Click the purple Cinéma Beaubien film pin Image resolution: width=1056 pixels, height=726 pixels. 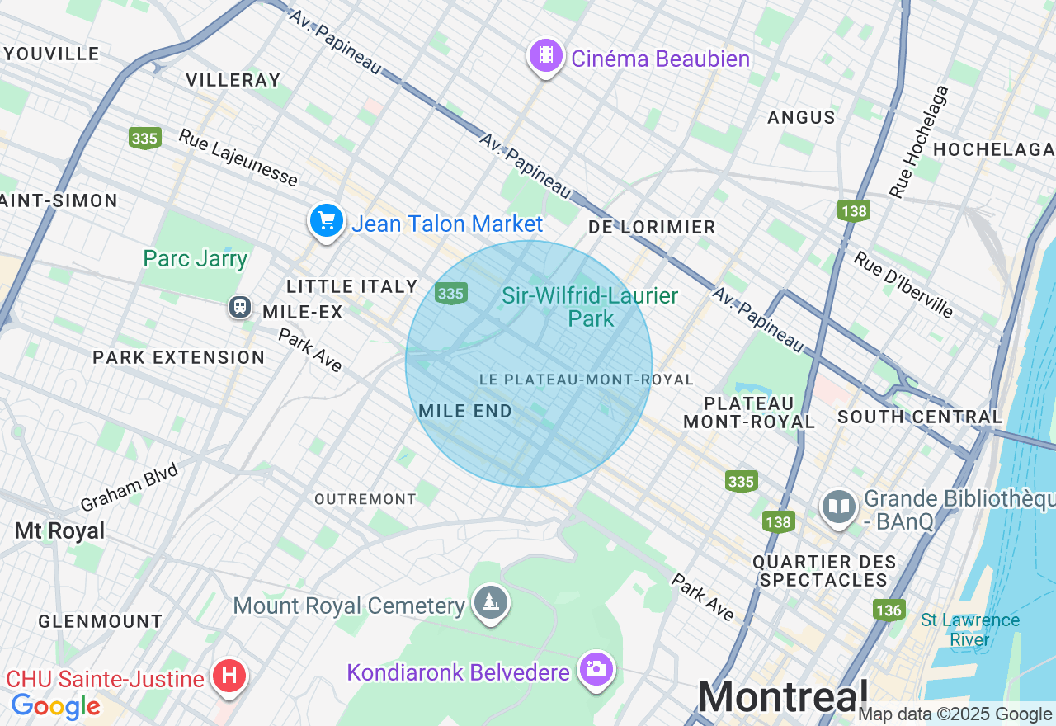[545, 56]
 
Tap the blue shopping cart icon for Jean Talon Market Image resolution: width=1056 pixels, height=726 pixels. [326, 221]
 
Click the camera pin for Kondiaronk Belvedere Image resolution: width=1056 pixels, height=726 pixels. [596, 669]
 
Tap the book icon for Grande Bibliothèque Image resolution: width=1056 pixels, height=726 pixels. [839, 507]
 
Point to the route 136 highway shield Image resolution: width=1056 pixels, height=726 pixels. [889, 610]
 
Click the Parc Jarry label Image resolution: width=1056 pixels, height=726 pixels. [196, 258]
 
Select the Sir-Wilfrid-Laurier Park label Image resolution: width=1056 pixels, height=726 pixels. [590, 307]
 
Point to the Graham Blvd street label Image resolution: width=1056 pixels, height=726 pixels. [130, 487]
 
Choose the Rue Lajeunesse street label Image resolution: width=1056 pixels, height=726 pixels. [238, 158]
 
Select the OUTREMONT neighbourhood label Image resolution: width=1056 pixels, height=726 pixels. [365, 499]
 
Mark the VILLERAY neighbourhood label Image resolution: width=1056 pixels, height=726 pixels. [233, 80]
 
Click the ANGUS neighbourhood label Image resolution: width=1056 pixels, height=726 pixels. [801, 117]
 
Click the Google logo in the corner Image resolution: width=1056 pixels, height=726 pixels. [55, 706]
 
